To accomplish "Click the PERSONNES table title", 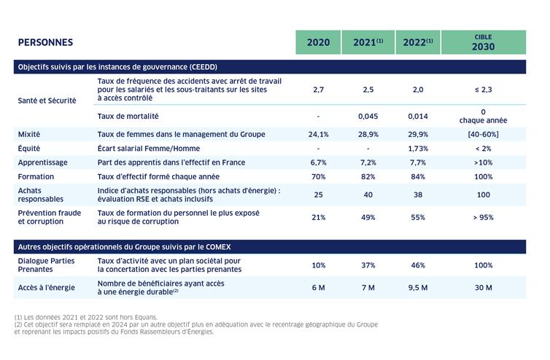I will [x=45, y=42].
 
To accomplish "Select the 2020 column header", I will [x=318, y=42].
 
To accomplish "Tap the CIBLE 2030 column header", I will [x=483, y=42].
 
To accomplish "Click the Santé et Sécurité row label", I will [x=47, y=101].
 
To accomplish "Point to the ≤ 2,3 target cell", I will [x=483, y=89].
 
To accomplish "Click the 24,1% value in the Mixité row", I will [x=319, y=134].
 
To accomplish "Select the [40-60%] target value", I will [x=483, y=134].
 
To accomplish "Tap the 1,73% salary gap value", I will [x=419, y=148].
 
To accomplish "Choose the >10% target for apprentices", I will [x=483, y=162].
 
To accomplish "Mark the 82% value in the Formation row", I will [x=368, y=176].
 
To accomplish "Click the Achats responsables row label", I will [x=41, y=194].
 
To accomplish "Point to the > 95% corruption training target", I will [x=483, y=217].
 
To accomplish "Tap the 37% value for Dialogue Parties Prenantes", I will [x=368, y=265].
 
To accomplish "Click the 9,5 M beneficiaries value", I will [x=419, y=287].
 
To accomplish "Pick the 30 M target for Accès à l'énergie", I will [x=483, y=287].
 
